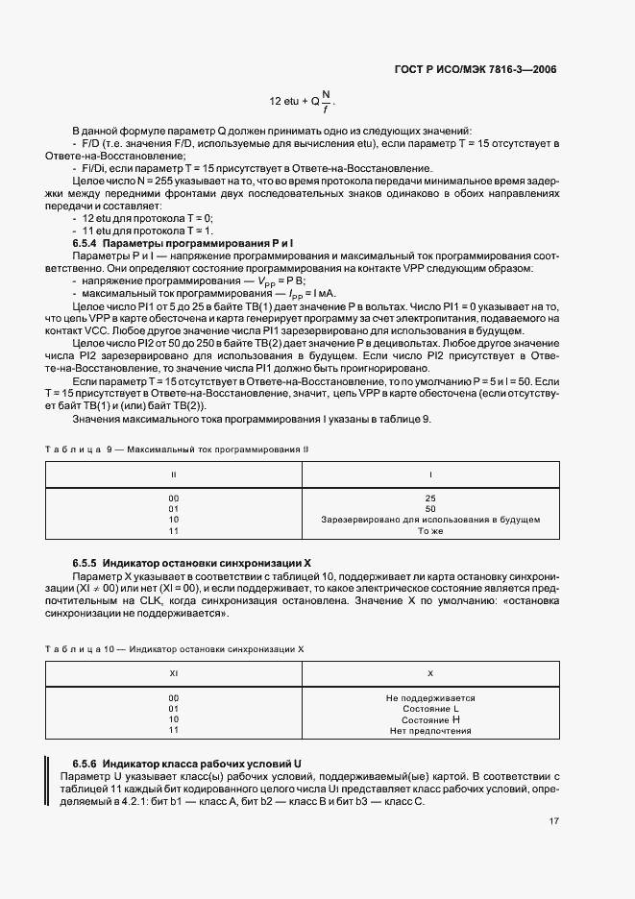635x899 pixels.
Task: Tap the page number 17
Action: [554, 821]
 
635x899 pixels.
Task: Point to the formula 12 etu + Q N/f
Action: [303, 100]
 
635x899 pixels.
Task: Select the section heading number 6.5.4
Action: [86, 243]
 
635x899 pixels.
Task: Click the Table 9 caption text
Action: [179, 449]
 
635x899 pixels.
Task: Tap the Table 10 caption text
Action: [175, 648]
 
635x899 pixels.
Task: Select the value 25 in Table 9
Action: [430, 498]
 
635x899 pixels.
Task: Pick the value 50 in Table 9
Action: [430, 508]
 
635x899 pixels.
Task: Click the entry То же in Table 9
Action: [430, 530]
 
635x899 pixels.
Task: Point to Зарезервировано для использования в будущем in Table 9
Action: [430, 520]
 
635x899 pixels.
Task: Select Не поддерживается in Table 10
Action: [430, 698]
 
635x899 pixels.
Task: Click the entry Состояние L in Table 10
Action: [430, 709]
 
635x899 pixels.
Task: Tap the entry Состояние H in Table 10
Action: [430, 719]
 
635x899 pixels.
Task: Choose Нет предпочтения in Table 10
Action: [430, 731]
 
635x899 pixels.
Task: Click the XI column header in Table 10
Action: [174, 673]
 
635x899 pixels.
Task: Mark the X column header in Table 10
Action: [430, 673]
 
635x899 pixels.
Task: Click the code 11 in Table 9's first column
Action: [174, 530]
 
